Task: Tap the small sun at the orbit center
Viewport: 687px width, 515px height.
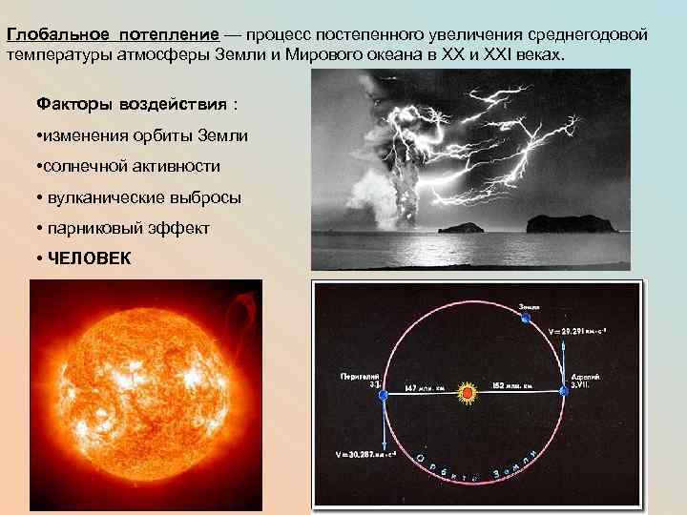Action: (468, 392)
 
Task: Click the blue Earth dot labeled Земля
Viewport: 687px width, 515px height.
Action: (524, 319)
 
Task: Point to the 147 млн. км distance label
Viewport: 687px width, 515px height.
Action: (424, 389)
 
